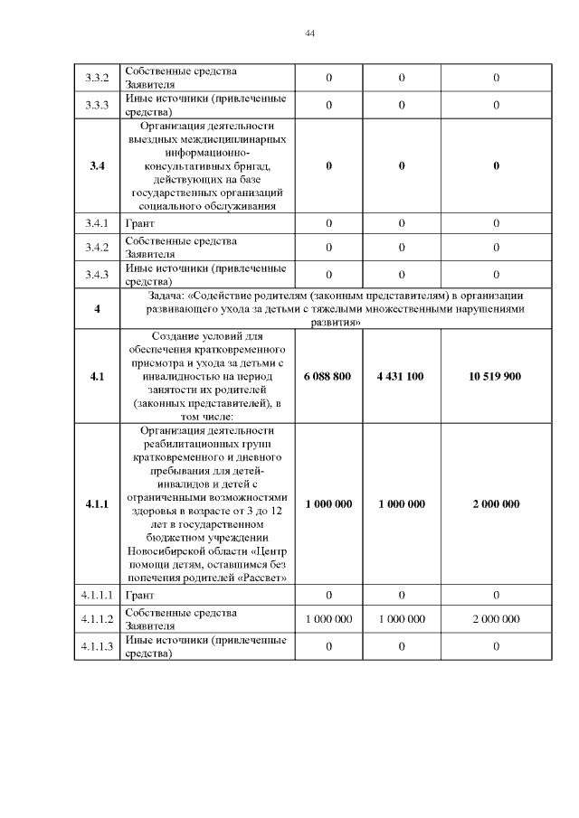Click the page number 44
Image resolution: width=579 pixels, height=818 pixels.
pos(310,33)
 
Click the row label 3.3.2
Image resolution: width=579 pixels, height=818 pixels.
pos(97,79)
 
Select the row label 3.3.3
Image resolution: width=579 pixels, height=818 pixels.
pos(97,105)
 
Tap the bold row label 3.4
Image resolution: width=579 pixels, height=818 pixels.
pos(97,166)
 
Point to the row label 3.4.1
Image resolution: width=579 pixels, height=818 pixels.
pos(97,223)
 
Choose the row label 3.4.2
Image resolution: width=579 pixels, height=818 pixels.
pos(97,247)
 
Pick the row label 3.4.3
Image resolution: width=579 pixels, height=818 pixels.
pos(97,274)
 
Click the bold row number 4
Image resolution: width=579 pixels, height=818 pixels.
pos(97,309)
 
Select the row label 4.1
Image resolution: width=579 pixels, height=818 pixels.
pos(97,376)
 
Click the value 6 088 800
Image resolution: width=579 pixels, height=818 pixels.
pos(328,376)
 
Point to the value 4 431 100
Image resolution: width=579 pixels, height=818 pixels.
pos(401,376)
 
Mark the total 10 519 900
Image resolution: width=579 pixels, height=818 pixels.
pos(495,376)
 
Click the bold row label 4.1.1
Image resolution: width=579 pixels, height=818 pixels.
pos(97,504)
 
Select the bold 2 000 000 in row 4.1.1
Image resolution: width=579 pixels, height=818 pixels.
pos(495,504)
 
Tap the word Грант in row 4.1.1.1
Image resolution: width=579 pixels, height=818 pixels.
pos(140,596)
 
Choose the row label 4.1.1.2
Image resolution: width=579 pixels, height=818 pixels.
pos(97,619)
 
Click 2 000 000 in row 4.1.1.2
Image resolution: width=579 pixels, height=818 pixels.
pos(495,619)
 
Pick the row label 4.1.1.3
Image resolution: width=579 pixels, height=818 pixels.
pos(97,646)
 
